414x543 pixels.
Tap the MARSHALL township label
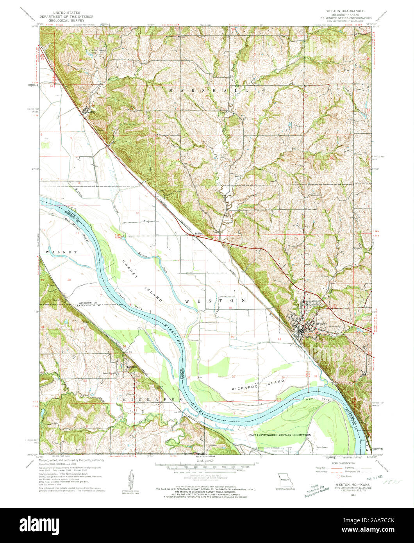pos(209,90)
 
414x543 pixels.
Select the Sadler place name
pos(198,233)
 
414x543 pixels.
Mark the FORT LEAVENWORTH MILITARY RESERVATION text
pos(280,435)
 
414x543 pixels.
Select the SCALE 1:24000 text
pos(207,461)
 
